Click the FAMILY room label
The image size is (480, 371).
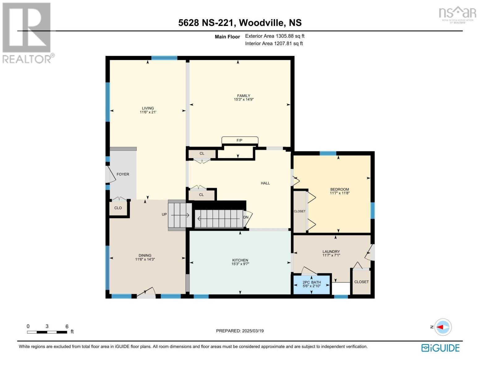pos(244,96)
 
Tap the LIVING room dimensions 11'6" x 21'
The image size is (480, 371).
pos(148,112)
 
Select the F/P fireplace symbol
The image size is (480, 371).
pos(240,140)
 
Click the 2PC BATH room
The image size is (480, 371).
pos(312,284)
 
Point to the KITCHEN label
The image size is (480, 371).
pos(240,260)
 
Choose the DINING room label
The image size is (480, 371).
pos(145,256)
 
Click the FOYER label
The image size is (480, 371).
pos(123,174)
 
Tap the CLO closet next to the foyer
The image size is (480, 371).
pos(118,208)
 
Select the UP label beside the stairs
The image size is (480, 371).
pos(164,215)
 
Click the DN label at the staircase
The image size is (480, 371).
pos(246,217)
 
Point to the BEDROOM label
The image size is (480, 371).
pos(339,190)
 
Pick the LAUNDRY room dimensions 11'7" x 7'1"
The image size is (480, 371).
pos(331,255)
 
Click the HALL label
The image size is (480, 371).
pos(265,183)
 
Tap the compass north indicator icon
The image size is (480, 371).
pos(443,327)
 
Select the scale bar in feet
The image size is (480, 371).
pos(47,332)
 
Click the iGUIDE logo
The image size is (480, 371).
pos(440,348)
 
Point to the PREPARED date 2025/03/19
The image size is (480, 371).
pos(240,331)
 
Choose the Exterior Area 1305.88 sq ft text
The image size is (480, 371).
pos(275,36)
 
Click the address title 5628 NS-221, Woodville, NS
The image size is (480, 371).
pos(240,23)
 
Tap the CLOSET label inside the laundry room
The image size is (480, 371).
pos(361,282)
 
